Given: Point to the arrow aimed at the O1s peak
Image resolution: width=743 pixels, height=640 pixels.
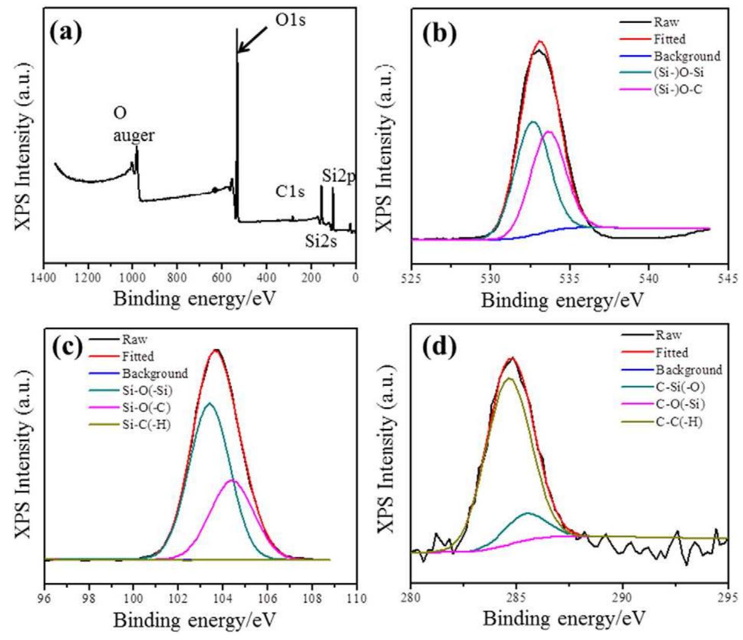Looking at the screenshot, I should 253,39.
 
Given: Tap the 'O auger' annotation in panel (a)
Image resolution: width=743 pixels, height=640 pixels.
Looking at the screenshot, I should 134,124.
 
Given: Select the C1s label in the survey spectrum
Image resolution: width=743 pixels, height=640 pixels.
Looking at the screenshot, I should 290,191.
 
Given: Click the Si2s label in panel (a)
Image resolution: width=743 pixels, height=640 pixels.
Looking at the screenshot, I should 321,241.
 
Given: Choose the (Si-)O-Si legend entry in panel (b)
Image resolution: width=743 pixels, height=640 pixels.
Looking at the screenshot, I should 679,73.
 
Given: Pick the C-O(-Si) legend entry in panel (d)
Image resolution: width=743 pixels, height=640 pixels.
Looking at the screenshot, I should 680,404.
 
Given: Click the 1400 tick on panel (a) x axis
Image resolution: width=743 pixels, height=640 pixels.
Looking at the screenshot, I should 44,278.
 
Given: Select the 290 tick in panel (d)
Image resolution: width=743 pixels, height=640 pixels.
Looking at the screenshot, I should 622,598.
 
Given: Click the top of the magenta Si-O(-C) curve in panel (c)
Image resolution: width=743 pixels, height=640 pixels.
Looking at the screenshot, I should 233,480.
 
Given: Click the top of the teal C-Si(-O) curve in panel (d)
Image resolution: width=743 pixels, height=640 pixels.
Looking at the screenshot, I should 528,513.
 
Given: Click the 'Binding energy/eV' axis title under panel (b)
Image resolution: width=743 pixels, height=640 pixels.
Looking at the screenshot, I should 561,301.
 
